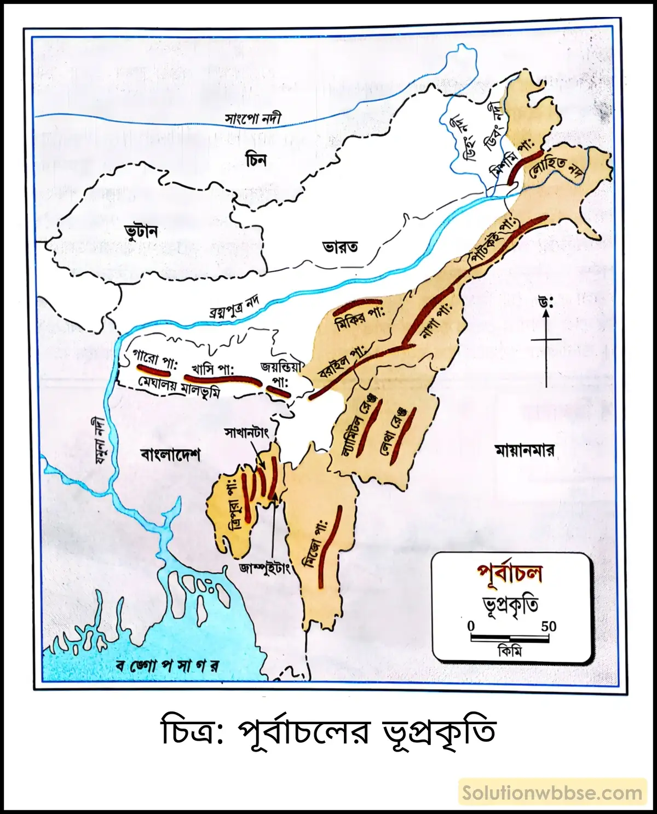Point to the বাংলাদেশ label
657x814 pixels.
[x=170, y=455]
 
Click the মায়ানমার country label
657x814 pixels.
[x=525, y=450]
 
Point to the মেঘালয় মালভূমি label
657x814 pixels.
[x=178, y=387]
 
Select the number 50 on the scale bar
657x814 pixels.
[x=549, y=626]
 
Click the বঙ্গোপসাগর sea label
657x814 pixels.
[x=168, y=666]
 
